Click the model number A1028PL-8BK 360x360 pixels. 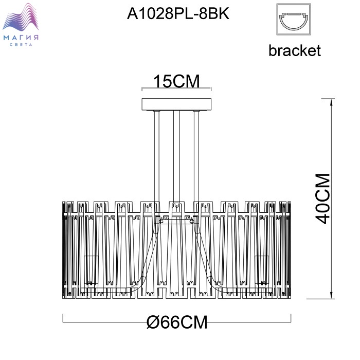pyautogui.click(x=178, y=13)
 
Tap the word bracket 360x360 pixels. pyautogui.click(x=295, y=50)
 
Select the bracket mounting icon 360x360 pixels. pyautogui.click(x=294, y=20)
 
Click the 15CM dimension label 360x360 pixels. pyautogui.click(x=176, y=81)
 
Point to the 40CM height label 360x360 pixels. pyautogui.click(x=322, y=199)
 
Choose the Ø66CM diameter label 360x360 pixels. pyautogui.click(x=177, y=322)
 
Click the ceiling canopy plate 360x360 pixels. pyautogui.click(x=176, y=104)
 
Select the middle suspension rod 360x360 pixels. pyautogui.click(x=176, y=156)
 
